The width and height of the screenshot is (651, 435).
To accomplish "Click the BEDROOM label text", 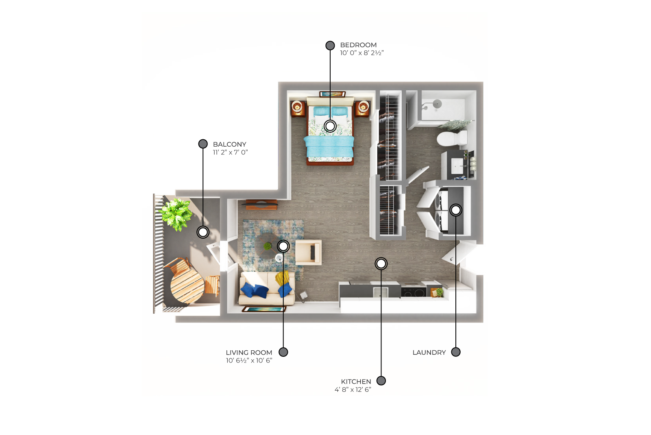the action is pos(358,45).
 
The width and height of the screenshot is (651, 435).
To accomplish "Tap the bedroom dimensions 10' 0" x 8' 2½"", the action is pos(362,53).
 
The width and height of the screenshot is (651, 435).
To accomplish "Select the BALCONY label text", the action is pos(230,145).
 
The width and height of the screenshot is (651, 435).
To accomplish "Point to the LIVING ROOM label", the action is pos(249,353).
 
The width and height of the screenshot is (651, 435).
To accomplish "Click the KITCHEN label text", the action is pos(356,382).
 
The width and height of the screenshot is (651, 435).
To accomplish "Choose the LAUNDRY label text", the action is pos(429,353).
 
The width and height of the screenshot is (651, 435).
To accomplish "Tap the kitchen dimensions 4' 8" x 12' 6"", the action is pos(353,389).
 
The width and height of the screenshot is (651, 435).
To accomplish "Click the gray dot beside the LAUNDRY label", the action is pos(456,352).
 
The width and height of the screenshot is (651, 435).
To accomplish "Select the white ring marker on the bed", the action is pos(330,126).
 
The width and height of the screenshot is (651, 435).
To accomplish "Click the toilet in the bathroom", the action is pos(451,138).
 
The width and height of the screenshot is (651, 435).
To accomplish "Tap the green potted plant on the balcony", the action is pos(176,214).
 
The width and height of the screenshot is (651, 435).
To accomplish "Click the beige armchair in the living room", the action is pos(308,252).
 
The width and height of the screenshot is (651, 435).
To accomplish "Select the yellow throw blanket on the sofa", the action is pos(282,278).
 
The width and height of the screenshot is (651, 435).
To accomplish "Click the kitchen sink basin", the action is pos(381,292).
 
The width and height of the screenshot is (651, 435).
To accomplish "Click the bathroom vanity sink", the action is pos(457,166).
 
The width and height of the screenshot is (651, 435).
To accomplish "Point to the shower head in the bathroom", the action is pos(437,103).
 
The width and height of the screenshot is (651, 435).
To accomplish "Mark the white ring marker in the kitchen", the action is pos(381,264).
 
